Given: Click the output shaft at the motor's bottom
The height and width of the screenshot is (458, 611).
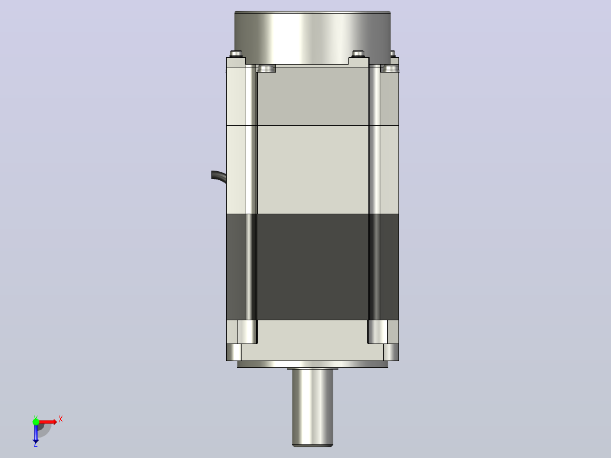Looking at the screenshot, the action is click(312, 408).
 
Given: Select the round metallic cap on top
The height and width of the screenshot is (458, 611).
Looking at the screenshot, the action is click(312, 37).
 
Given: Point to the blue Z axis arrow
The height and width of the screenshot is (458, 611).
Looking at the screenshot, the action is click(36, 432).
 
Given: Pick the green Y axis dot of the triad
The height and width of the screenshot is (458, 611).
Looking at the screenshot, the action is click(36, 422).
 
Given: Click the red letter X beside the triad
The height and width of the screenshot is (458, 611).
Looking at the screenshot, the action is click(61, 419).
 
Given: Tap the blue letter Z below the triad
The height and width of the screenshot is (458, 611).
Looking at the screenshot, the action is click(36, 444).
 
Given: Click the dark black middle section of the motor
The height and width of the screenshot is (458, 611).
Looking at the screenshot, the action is click(312, 266).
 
